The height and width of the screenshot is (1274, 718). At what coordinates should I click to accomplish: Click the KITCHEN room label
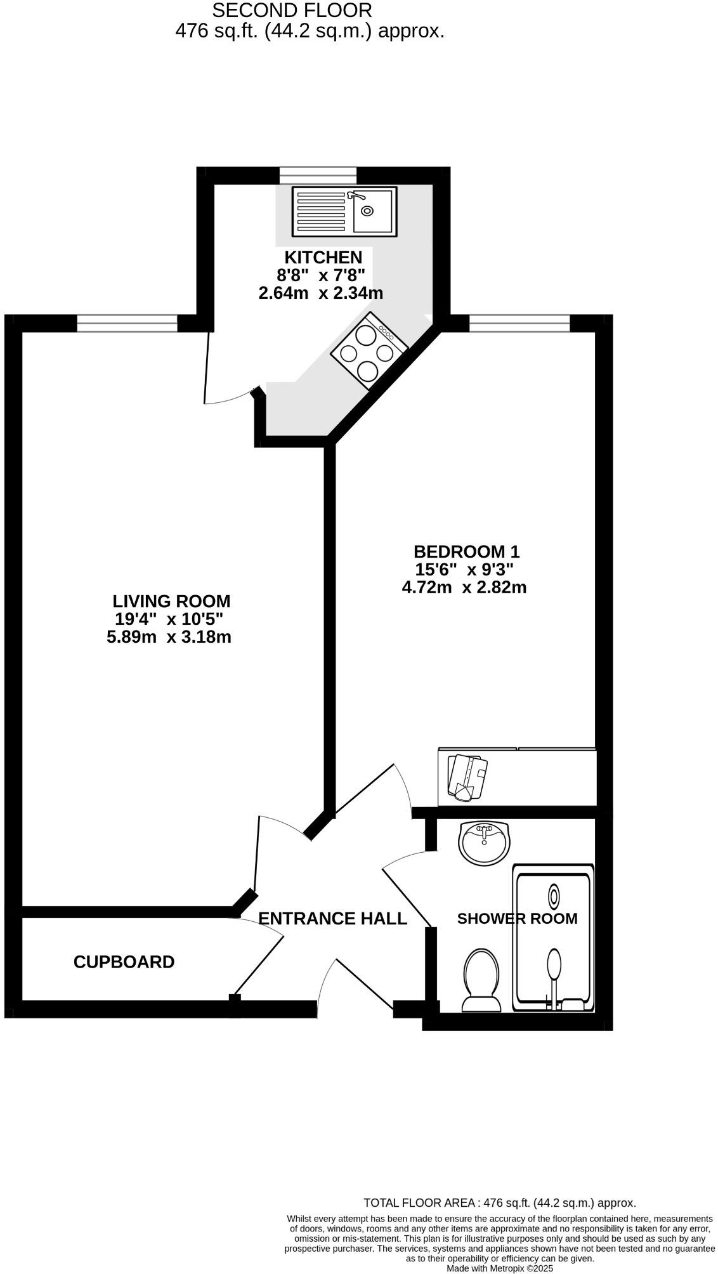coord(323,258)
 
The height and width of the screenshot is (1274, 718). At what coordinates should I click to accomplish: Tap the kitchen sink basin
coord(374,211)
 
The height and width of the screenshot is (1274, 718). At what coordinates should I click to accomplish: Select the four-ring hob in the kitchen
coord(369,351)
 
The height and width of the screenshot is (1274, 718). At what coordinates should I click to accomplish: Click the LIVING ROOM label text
coord(171,601)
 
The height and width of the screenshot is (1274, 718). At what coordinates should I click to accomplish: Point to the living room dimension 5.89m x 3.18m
coord(169,637)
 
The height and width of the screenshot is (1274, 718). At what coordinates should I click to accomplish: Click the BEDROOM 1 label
coord(466,551)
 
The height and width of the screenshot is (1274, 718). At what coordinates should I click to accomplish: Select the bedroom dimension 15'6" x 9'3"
coord(464,569)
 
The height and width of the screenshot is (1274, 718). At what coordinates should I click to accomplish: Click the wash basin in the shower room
coord(485,843)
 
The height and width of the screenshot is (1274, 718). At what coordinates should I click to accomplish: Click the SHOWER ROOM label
coord(517,919)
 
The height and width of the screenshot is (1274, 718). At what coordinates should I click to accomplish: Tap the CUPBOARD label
coord(124,962)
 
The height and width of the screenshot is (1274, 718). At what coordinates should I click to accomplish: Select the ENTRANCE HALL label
coord(332,919)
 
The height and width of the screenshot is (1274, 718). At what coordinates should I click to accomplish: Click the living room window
coord(127,324)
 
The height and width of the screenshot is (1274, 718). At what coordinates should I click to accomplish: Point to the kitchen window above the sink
coord(318,175)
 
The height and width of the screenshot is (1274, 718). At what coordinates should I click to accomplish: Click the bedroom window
coord(519,324)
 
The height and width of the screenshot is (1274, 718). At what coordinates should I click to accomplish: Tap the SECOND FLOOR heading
coord(292,10)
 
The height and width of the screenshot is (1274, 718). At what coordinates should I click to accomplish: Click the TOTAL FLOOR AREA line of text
coord(499,1202)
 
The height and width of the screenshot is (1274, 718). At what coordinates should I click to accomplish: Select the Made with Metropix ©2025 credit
coord(500,1268)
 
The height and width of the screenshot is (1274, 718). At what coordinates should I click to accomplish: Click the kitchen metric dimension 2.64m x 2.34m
coord(321,293)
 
